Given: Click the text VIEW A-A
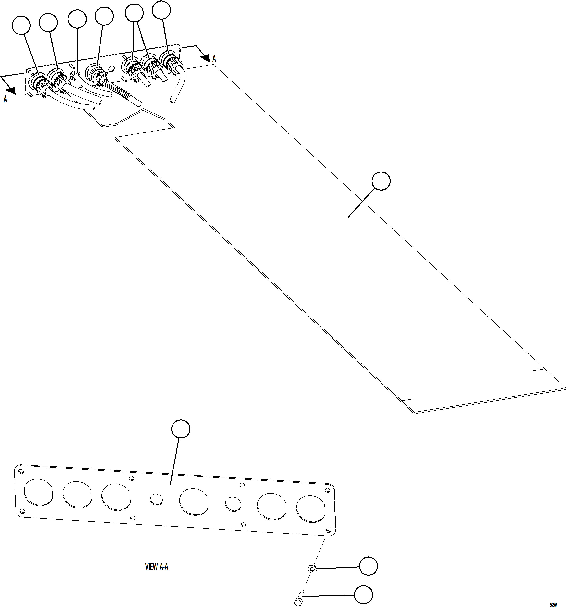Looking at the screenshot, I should coord(156,567).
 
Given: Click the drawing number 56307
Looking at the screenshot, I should coord(553,605).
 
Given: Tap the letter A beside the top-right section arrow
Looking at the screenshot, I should coord(214,58).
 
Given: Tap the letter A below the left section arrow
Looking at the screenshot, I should coord(5,99).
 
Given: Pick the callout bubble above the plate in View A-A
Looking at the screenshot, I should coord(181,429).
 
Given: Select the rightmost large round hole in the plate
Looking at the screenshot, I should coord(310,510).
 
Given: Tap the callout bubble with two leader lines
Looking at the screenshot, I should coord(134,13).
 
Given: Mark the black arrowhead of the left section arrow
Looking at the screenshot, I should coord(11,90).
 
